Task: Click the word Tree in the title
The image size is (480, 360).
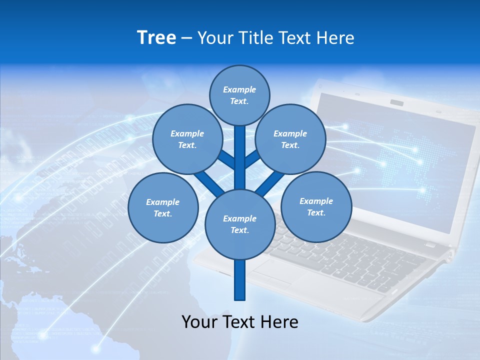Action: [x=156, y=38]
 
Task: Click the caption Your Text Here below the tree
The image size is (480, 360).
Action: [x=240, y=322]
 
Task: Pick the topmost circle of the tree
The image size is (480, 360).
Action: [x=239, y=95]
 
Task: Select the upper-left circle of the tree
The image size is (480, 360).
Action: [x=187, y=139]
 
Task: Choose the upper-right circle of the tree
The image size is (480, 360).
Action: [x=290, y=139]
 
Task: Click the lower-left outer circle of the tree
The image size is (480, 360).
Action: [x=163, y=208]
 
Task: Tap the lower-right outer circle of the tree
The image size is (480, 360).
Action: [x=316, y=207]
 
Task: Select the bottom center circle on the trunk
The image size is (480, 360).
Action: [x=240, y=224]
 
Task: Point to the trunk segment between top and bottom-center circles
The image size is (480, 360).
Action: [x=240, y=157]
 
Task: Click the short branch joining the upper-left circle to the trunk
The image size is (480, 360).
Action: [x=226, y=160]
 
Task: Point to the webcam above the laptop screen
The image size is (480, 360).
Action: [x=397, y=103]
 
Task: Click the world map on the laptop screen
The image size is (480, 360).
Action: [x=400, y=150]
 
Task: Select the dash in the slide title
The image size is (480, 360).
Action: [x=186, y=38]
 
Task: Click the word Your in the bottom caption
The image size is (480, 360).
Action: [x=199, y=322]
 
